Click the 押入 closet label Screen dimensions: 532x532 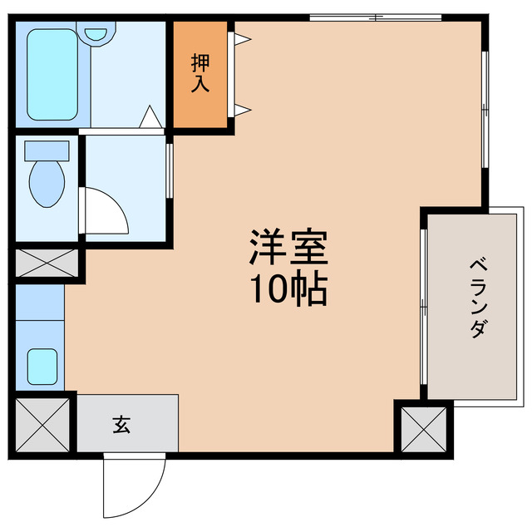(x=200, y=72)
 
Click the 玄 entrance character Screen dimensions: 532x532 (x=121, y=426)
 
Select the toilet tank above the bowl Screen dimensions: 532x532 (x=47, y=152)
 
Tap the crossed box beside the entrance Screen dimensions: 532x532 (x=44, y=425)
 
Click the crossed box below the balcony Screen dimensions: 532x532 (x=423, y=427)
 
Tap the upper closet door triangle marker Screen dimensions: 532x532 (x=241, y=38)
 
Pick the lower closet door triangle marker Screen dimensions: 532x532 (x=241, y=110)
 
